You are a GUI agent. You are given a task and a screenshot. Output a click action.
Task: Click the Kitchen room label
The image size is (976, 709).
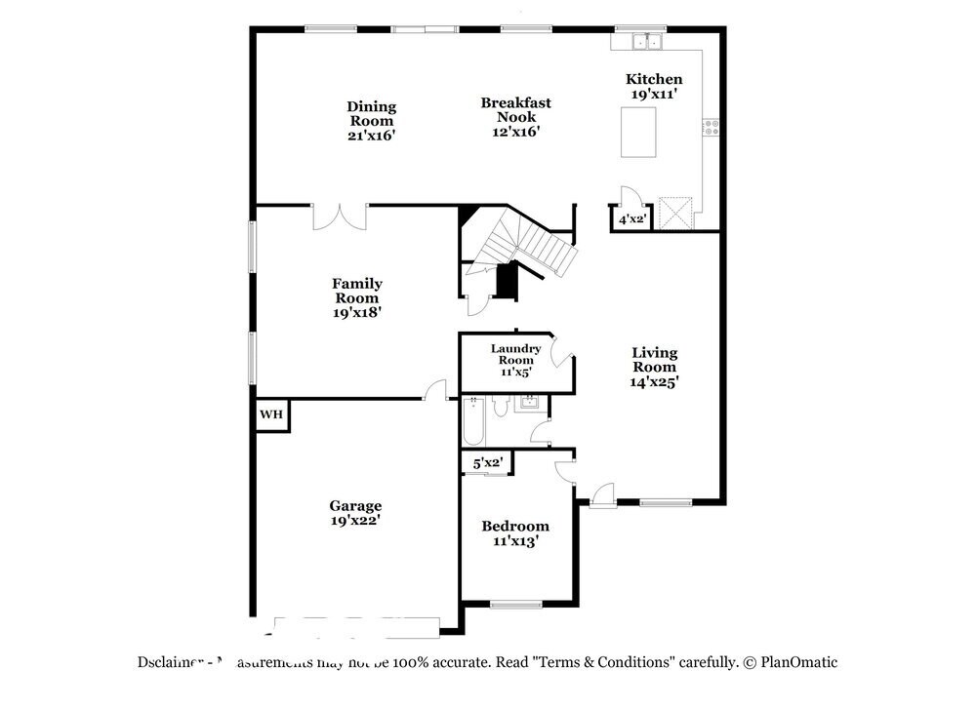653,86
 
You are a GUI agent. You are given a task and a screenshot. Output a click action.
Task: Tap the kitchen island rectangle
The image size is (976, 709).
638,132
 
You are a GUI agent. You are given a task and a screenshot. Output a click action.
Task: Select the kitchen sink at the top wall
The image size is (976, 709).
646,41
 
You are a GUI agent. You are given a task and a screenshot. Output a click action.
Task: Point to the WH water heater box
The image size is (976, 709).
270,414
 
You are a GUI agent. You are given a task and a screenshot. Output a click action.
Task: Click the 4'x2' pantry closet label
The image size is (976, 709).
632,219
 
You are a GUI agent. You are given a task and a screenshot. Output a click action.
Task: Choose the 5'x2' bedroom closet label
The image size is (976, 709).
487,462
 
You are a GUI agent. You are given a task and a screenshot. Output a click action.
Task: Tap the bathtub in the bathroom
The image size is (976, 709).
472,420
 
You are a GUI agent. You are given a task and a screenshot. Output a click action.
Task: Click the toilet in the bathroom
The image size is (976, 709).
499,409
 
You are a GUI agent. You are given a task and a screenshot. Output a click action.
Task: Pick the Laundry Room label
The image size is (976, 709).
514,360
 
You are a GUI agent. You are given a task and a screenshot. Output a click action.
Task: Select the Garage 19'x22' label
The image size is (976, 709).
355,513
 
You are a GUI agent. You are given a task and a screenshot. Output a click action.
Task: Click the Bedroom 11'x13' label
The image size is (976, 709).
515,532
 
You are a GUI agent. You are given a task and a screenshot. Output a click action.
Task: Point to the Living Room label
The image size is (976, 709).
654,368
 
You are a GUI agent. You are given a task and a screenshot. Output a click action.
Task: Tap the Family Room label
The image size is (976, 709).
356,297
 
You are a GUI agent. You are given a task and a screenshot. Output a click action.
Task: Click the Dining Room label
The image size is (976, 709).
371,121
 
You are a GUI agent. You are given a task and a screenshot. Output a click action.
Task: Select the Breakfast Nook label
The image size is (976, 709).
515,117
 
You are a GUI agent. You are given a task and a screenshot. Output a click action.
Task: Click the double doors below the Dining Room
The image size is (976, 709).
339,216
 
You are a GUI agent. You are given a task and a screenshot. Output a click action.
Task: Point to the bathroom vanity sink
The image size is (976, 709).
530,403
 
